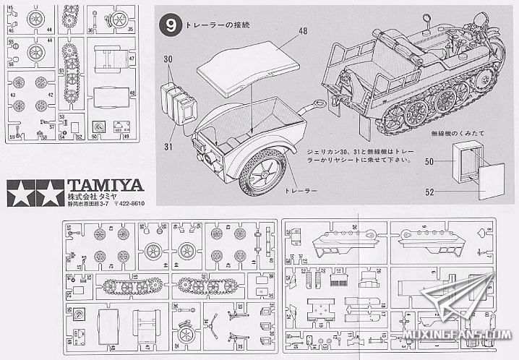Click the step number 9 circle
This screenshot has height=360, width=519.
click(170, 25)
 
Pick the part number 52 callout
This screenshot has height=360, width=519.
click(429, 192)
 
